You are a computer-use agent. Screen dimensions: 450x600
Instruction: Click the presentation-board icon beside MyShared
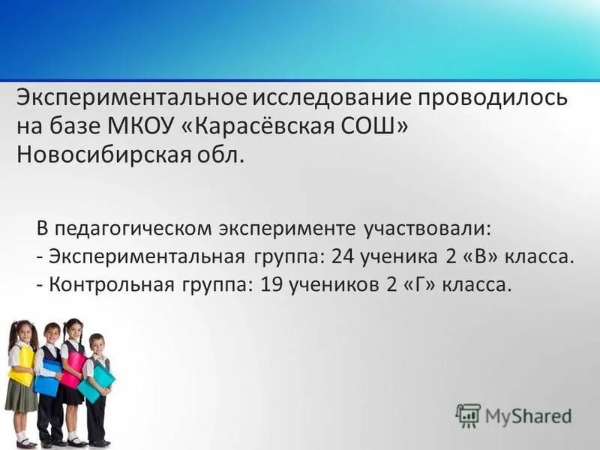[x=468, y=415]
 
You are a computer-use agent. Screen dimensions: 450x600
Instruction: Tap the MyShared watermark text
[x=528, y=415]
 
